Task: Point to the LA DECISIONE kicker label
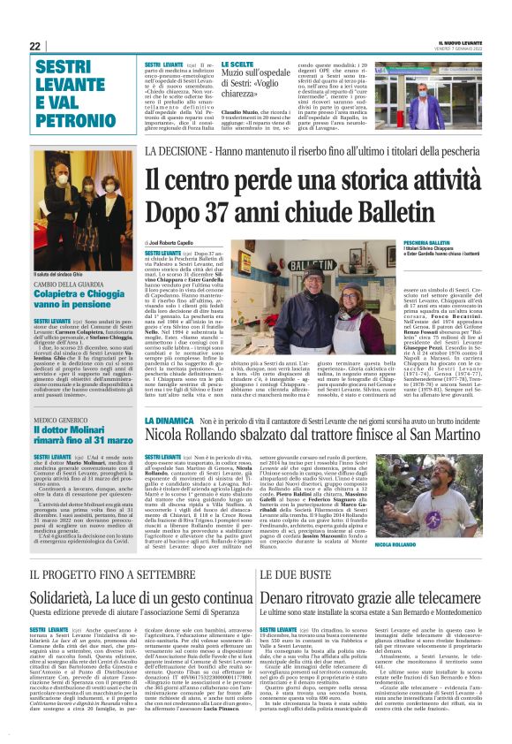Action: pos(174,153)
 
